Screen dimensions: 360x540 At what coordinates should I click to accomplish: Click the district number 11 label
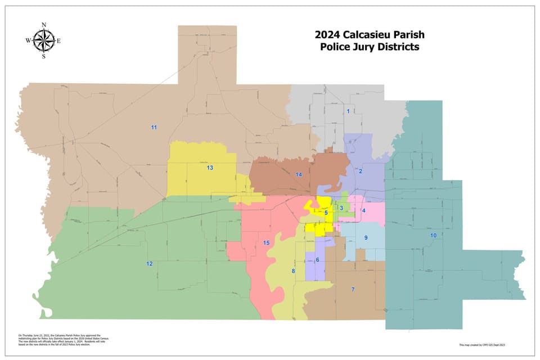point(154,128)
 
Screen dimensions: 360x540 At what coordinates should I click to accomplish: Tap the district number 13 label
point(210,168)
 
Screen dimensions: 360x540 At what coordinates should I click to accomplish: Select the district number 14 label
point(299,175)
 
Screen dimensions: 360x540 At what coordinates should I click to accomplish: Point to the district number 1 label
point(348,111)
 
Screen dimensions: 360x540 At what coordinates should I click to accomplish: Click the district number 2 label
point(361,171)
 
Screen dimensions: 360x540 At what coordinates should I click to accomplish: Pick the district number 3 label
point(341,208)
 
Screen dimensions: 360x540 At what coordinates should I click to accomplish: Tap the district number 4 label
point(364,210)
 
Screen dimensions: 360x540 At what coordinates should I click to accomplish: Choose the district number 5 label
point(326,213)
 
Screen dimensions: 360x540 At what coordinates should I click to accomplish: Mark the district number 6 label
point(317,259)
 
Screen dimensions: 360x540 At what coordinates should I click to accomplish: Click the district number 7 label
point(353,289)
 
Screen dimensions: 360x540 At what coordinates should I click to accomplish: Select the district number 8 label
point(293,271)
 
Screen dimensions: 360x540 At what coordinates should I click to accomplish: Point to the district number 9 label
point(366,238)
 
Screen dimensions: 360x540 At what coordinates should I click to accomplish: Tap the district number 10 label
point(433,235)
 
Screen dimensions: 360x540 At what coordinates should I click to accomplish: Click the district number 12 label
point(149,263)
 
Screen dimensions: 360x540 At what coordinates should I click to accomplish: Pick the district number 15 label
point(267,242)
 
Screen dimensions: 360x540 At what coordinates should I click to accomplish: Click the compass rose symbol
point(43,40)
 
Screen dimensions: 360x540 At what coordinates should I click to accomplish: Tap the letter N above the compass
point(44,25)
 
